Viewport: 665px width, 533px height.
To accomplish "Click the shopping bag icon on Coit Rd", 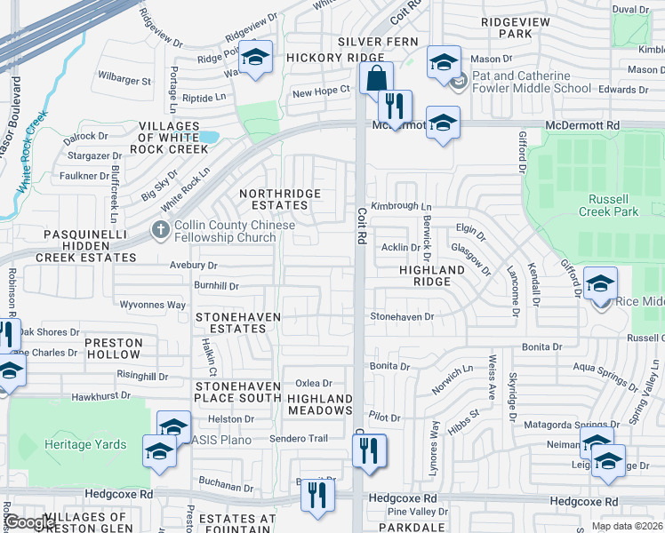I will (376, 76).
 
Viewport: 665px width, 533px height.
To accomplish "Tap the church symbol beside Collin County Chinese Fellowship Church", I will (160, 229).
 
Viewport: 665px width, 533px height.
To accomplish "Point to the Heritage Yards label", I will (86, 444).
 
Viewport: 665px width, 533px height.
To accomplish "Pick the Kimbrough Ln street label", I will (401, 206).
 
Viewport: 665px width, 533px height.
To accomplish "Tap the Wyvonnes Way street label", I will (152, 305).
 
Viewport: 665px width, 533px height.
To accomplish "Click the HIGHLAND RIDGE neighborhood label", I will (431, 274).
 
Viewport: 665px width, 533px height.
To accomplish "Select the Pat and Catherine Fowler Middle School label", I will (531, 83).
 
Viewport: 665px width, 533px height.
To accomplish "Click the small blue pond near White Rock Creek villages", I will (209, 137).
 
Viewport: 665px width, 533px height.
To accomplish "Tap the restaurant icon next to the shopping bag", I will (395, 106).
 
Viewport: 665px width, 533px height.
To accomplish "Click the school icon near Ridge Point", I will (256, 58).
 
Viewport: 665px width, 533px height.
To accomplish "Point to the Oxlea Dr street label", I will (313, 383).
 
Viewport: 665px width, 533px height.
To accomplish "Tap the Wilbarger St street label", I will (124, 80).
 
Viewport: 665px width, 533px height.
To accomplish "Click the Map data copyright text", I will (627, 526).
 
